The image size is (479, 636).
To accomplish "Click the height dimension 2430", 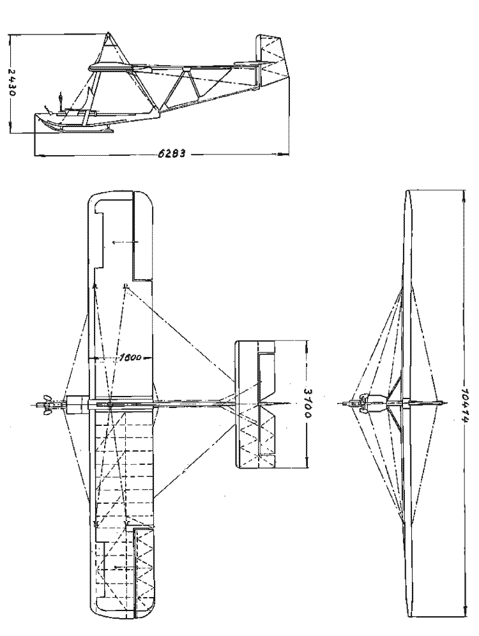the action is coord(12,82).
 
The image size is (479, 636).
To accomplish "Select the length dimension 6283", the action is coord(172,154).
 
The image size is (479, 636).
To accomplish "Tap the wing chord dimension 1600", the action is coord(130,358).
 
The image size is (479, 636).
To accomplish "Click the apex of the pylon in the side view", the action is coord(109,33).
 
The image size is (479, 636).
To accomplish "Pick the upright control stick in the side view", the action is coord(61,102).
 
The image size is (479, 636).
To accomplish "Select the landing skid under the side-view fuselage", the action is coord(87,130).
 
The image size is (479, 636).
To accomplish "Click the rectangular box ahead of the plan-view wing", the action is coord(77,404).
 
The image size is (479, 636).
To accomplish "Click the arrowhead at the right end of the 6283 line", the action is coord(285,154).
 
